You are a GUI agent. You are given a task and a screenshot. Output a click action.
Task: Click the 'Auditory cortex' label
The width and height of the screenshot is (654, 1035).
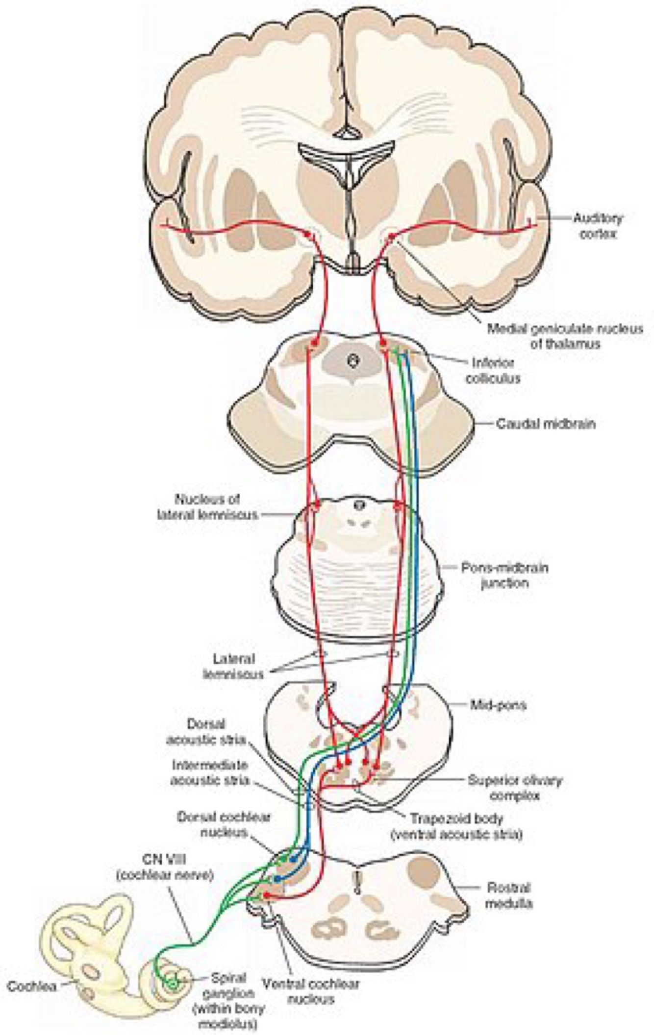598,226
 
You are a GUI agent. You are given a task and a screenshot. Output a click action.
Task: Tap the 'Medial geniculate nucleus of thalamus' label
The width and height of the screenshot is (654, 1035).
564,336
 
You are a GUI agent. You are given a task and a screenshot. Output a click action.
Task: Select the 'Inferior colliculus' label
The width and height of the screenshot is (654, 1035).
493,371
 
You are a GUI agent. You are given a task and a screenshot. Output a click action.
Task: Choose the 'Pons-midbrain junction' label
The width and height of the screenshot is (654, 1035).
504,576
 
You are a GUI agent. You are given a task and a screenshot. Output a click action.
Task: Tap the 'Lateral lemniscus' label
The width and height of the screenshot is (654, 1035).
233,667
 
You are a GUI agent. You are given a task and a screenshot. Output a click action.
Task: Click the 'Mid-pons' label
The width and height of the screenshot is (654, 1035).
498,705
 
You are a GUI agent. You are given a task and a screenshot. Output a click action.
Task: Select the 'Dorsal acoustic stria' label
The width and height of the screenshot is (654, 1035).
205,732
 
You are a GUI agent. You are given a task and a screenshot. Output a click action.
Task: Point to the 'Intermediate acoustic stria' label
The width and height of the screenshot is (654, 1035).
210,772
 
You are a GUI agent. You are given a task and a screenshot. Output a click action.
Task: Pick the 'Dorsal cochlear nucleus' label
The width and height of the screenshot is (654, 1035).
224,824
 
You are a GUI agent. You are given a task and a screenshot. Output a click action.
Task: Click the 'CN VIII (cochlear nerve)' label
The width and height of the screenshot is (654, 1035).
165,867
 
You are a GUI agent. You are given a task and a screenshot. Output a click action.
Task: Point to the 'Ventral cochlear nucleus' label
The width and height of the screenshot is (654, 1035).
310,991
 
